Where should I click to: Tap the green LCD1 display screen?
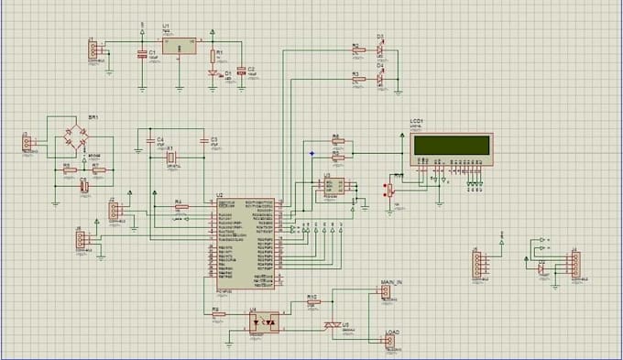[452, 145]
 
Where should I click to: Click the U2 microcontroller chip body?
[244, 243]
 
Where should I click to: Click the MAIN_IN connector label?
[390, 284]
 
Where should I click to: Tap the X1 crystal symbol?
[170, 158]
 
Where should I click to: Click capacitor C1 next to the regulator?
[142, 55]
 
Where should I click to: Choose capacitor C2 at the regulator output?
[240, 71]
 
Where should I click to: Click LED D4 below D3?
[379, 77]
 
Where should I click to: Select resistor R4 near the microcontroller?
[180, 207]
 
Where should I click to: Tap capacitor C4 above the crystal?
[150, 143]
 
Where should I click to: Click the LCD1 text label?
[419, 122]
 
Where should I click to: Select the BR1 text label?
[93, 118]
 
